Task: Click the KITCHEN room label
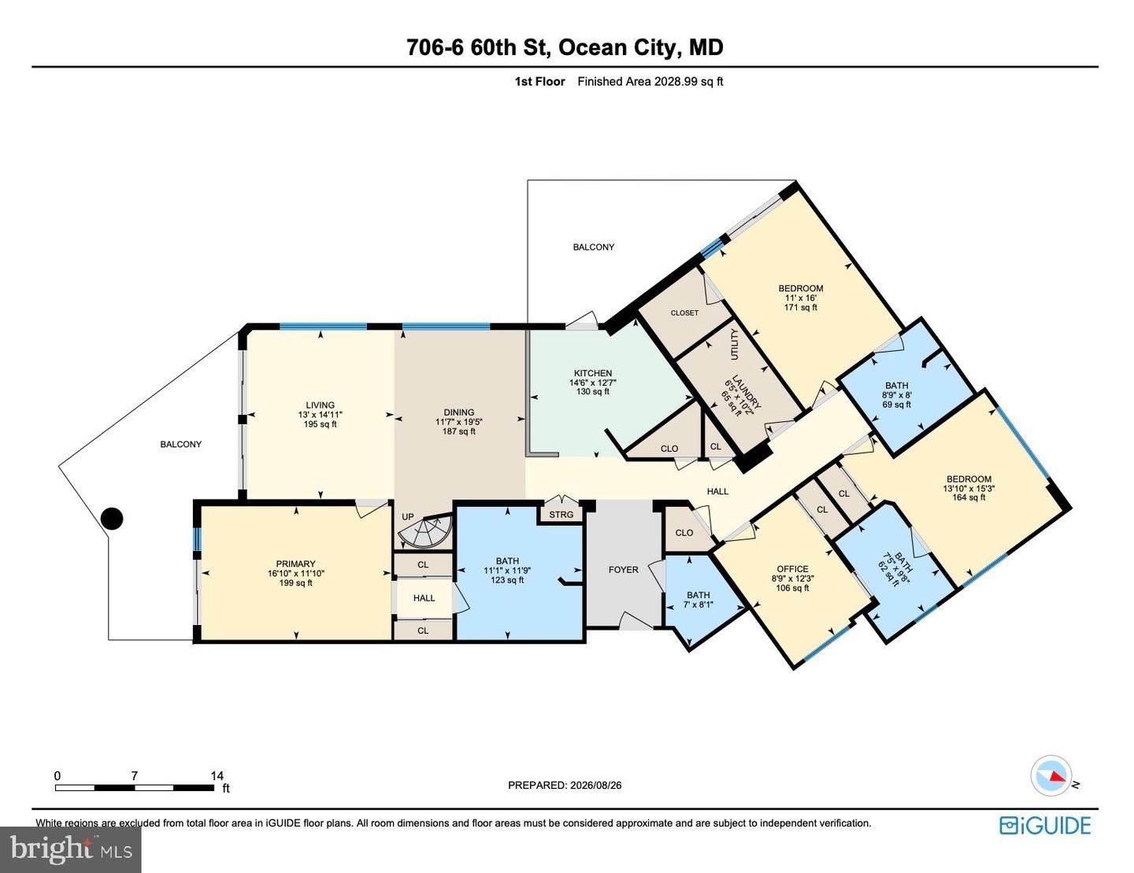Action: (592, 373)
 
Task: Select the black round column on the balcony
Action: (111, 519)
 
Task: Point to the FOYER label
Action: (623, 569)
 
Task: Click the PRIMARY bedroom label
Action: (295, 564)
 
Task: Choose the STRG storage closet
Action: (561, 515)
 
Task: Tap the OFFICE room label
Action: (792, 569)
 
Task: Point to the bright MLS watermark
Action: (70, 849)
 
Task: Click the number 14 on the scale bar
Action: (217, 775)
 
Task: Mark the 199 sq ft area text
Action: (295, 583)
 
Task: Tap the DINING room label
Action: (458, 412)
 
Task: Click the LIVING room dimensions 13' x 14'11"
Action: (320, 415)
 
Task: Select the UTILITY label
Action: (735, 344)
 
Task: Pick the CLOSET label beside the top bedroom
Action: (684, 313)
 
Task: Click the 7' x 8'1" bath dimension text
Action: (698, 605)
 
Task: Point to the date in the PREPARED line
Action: (595, 786)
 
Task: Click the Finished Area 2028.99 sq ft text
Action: (650, 81)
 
